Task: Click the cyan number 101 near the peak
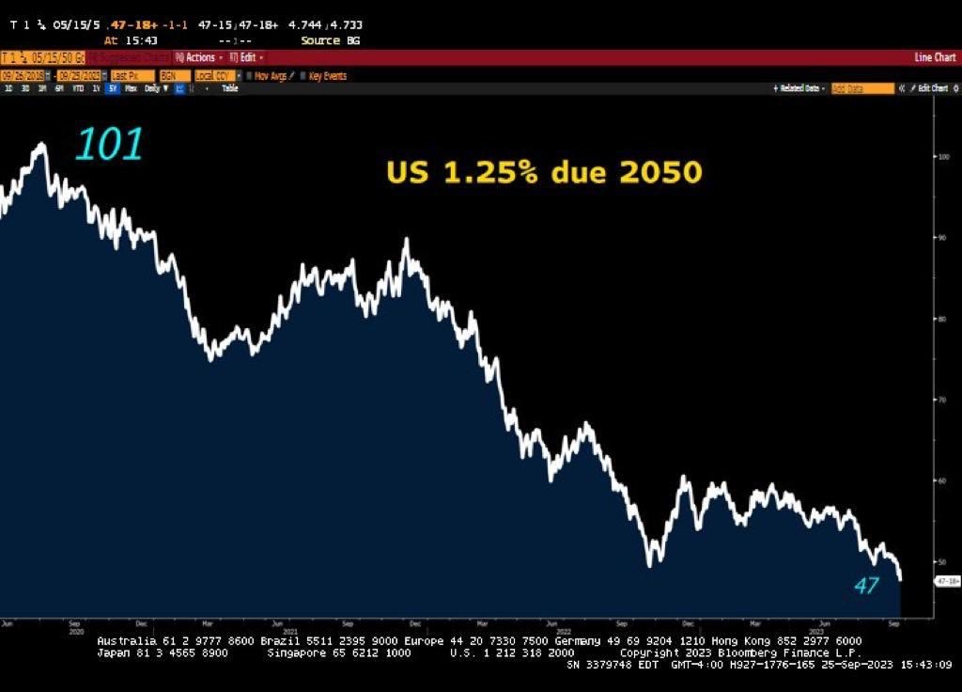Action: point(109,144)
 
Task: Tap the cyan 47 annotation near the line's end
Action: point(865,585)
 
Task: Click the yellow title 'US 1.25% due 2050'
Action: point(544,172)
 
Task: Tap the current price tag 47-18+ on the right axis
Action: point(945,581)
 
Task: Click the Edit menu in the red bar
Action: point(246,57)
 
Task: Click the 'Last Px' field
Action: point(132,75)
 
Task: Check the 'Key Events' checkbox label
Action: point(327,75)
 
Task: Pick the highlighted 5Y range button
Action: point(113,88)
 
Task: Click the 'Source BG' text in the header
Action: point(330,40)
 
